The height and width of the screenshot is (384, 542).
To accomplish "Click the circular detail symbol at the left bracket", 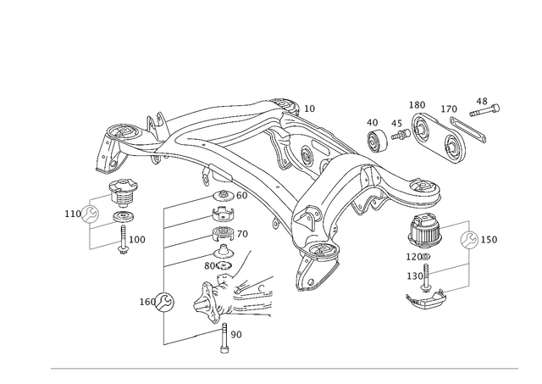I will (x=88, y=214).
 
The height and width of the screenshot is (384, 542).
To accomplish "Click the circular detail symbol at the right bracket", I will (x=469, y=240).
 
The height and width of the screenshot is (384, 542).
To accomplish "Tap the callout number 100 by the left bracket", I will (x=138, y=240).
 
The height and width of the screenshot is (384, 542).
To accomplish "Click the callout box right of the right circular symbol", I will (x=492, y=241).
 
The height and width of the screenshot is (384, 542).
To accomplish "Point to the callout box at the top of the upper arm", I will (x=309, y=109).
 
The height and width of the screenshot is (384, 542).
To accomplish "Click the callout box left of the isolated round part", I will (x=145, y=300).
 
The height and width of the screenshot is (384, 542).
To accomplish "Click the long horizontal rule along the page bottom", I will (x=284, y=369).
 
